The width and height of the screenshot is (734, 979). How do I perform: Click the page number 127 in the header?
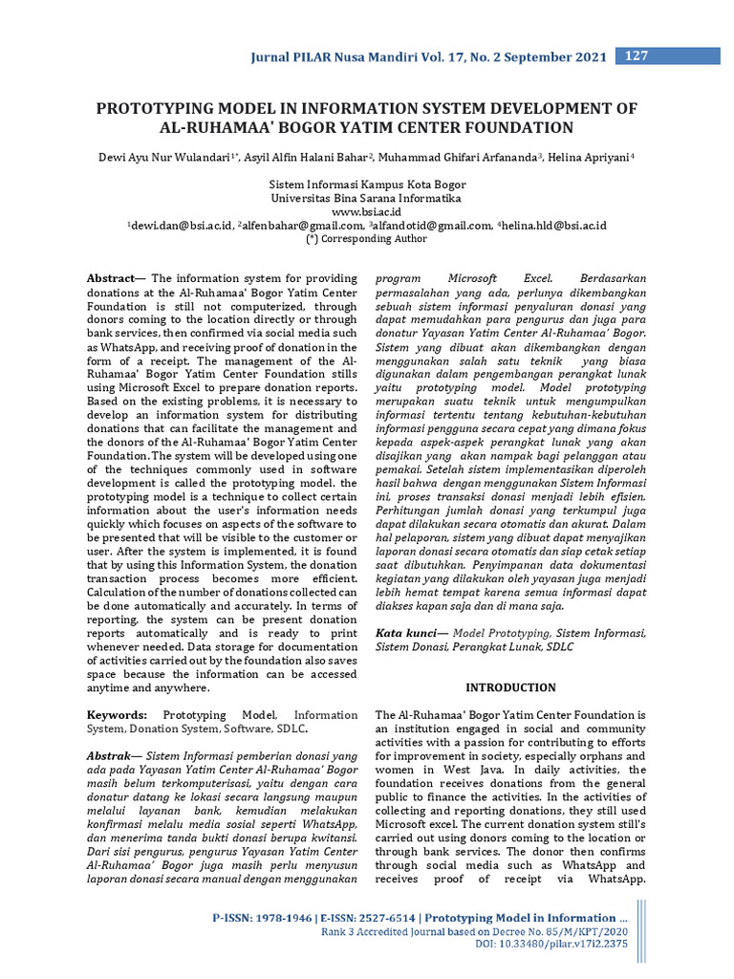coord(636,56)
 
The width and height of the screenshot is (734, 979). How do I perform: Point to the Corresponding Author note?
coord(366,240)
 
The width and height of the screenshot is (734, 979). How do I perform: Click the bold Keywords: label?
coord(118,715)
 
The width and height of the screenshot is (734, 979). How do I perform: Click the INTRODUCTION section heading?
coord(510,687)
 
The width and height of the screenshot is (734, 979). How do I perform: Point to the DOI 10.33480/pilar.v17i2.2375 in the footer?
coord(550,945)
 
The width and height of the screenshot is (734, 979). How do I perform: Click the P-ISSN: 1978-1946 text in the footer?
coord(259,918)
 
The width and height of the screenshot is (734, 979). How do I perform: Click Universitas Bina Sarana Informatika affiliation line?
coord(366,199)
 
